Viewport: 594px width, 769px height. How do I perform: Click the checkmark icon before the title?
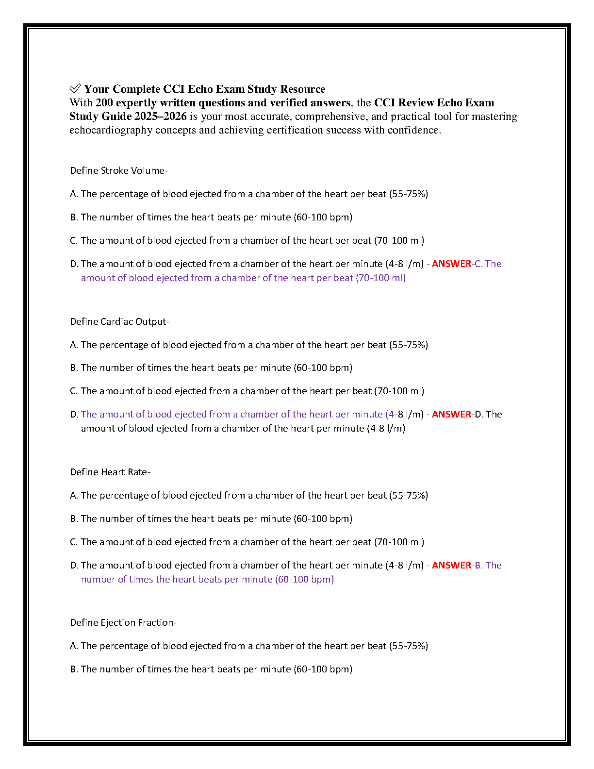tap(75, 88)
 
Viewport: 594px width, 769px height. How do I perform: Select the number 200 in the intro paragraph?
tap(104, 103)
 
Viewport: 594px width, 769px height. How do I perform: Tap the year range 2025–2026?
tap(160, 117)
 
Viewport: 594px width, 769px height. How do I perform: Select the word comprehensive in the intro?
tap(330, 117)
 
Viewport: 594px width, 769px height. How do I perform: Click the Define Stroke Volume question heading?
tap(118, 170)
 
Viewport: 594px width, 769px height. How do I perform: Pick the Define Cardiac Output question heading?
tap(119, 321)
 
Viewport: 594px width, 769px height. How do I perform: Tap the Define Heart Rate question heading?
tap(110, 472)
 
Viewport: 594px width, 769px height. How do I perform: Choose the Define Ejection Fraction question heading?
tap(123, 622)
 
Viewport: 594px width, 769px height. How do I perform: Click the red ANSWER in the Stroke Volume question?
tap(451, 264)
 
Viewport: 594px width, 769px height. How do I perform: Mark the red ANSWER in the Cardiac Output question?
tap(451, 414)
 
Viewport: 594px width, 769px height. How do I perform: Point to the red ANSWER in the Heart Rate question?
tap(451, 565)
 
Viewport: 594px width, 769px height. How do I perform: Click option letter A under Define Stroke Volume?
tap(74, 194)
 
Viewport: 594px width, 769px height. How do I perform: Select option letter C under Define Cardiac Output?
tap(74, 391)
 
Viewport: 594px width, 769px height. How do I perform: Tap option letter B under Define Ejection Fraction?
tap(74, 669)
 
